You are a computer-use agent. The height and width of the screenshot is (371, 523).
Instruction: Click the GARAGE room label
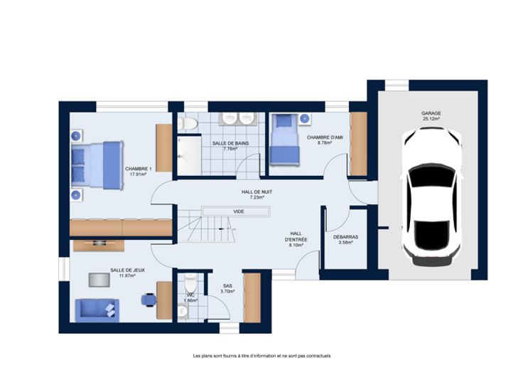pos(431,113)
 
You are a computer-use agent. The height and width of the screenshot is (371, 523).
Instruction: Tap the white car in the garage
pos(431,197)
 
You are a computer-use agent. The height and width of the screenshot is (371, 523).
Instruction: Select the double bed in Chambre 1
pos(97,165)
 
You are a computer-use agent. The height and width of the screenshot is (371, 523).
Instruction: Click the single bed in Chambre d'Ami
pos(284,140)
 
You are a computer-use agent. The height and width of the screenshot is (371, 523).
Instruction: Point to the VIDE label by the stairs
pos(239,211)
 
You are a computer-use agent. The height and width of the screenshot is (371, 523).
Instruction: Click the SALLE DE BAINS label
pos(230,143)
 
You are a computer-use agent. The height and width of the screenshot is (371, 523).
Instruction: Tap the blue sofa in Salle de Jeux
pos(97,310)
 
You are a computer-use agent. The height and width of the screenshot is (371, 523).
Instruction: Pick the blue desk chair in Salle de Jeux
pos(149,300)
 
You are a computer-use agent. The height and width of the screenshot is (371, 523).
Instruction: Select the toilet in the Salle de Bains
pos(188,124)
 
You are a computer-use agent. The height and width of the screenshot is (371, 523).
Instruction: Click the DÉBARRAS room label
pos(345,237)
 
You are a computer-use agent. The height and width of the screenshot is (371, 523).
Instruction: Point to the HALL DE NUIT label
pos(257,192)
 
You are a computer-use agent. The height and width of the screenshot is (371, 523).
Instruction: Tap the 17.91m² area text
pos(138,174)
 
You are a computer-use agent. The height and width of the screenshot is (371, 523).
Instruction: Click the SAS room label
pos(227,286)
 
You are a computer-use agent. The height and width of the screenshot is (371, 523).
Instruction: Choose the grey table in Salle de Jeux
pos(99,280)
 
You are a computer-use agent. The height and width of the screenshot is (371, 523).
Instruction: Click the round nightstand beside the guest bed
pos(305,119)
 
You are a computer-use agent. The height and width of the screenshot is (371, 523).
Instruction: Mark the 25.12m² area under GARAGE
pos(431,119)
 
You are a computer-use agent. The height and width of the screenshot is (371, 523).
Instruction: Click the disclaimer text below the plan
pos(261,356)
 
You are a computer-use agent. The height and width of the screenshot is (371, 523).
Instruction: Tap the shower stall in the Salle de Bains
pos(189,155)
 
